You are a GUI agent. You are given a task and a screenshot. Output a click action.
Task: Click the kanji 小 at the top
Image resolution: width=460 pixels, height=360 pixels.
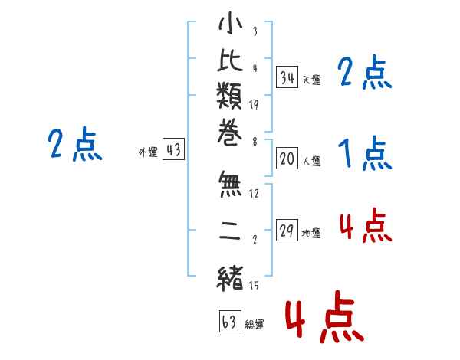click(x=230, y=23)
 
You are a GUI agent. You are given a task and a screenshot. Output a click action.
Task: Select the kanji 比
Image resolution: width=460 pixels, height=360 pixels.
click(x=230, y=61)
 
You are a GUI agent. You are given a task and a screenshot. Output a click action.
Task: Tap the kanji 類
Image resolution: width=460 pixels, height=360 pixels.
click(x=230, y=95)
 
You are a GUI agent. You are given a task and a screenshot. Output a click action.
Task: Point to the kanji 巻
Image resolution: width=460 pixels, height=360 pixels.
click(x=230, y=132)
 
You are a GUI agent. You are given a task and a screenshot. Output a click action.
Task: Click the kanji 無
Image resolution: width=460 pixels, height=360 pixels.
click(x=230, y=184)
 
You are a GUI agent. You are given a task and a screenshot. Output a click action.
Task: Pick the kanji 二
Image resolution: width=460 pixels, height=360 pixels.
click(x=230, y=231)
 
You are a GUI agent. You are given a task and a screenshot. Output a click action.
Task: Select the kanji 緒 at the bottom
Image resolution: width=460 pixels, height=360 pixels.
click(x=230, y=279)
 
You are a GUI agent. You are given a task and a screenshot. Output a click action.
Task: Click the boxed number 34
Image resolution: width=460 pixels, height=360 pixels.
click(x=287, y=77)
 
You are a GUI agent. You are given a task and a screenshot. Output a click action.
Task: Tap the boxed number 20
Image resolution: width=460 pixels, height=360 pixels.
click(x=287, y=159)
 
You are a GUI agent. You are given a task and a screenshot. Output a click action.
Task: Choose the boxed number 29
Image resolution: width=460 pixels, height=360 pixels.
click(x=287, y=230)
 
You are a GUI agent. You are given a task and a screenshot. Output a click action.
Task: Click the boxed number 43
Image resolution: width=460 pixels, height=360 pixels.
click(x=174, y=149)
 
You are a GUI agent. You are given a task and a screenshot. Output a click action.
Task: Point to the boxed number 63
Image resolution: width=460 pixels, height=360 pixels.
click(x=230, y=321)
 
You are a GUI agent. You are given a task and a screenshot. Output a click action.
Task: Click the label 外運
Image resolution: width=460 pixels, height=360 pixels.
click(x=148, y=152)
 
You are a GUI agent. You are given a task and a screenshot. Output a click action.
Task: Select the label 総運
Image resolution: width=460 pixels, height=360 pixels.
click(x=255, y=325)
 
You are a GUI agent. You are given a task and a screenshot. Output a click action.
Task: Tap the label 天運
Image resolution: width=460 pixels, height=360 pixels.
click(x=312, y=80)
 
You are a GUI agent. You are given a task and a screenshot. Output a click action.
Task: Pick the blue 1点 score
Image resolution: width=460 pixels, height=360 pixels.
click(x=365, y=153)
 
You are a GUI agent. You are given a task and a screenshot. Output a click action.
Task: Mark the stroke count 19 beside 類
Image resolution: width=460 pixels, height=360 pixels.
click(x=254, y=105)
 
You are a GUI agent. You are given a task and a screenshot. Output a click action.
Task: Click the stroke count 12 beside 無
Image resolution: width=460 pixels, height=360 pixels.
click(x=254, y=193)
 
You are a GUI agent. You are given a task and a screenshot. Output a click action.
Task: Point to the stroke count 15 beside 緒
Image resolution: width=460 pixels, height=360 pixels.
click(x=254, y=285)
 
